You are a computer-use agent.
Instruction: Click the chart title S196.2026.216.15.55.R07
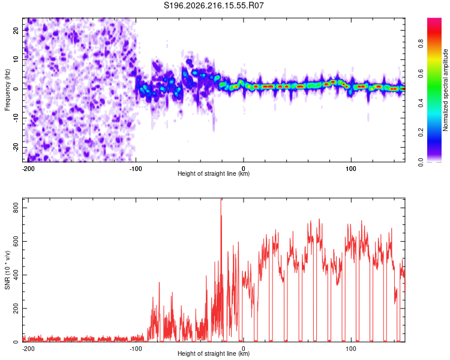coord(214,5)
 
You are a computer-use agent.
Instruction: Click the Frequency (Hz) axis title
coord(7,90)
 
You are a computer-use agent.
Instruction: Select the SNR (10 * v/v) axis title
coord(7,270)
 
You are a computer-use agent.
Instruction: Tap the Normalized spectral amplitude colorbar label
coord(445,90)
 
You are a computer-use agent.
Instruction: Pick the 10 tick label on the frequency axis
coord(16,59)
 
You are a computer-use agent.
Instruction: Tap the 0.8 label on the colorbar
coord(421,44)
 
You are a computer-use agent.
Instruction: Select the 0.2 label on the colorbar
coord(421,133)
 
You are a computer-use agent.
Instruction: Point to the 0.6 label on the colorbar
coord(421,73)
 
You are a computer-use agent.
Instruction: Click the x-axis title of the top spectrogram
coord(214,173)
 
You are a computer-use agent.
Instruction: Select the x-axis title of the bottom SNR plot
coord(214,353)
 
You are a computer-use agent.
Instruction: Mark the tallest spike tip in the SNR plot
coord(221,199)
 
